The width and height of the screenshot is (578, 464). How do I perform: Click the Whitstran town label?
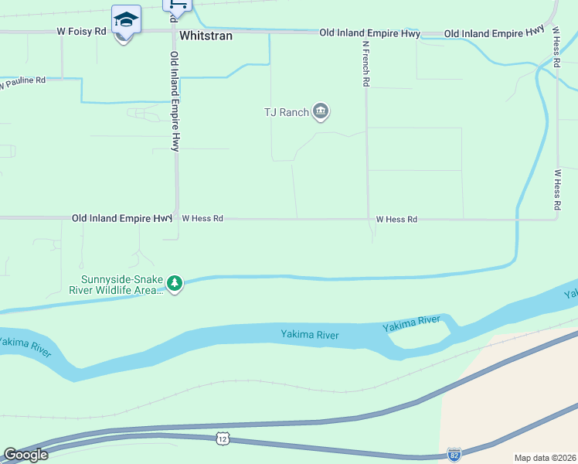pyautogui.click(x=206, y=36)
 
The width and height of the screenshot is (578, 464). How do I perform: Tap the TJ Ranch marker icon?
pyautogui.click(x=321, y=112)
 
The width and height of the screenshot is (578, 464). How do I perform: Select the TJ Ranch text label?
pyautogui.click(x=286, y=112)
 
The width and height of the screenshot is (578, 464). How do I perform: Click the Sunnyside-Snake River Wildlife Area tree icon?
pyautogui.click(x=175, y=284)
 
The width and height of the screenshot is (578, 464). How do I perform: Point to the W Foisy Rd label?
pyautogui.click(x=81, y=32)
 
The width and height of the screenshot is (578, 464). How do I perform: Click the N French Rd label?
pyautogui.click(x=366, y=63)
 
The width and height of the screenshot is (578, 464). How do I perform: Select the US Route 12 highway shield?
pyautogui.click(x=223, y=438)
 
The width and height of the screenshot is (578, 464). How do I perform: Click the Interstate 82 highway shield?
pyautogui.click(x=454, y=454)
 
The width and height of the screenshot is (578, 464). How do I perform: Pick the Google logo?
pyautogui.click(x=25, y=455)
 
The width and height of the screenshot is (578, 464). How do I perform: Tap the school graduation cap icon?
pyautogui.click(x=126, y=19)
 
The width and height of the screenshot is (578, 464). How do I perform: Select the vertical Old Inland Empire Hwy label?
pyautogui.click(x=175, y=101)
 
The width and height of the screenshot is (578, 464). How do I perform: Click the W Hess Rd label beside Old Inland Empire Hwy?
pyautogui.click(x=202, y=219)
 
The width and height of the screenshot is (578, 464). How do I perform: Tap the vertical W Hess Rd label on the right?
pyautogui.click(x=556, y=190)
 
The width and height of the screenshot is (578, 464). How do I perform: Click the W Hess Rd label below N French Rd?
pyautogui.click(x=396, y=220)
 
